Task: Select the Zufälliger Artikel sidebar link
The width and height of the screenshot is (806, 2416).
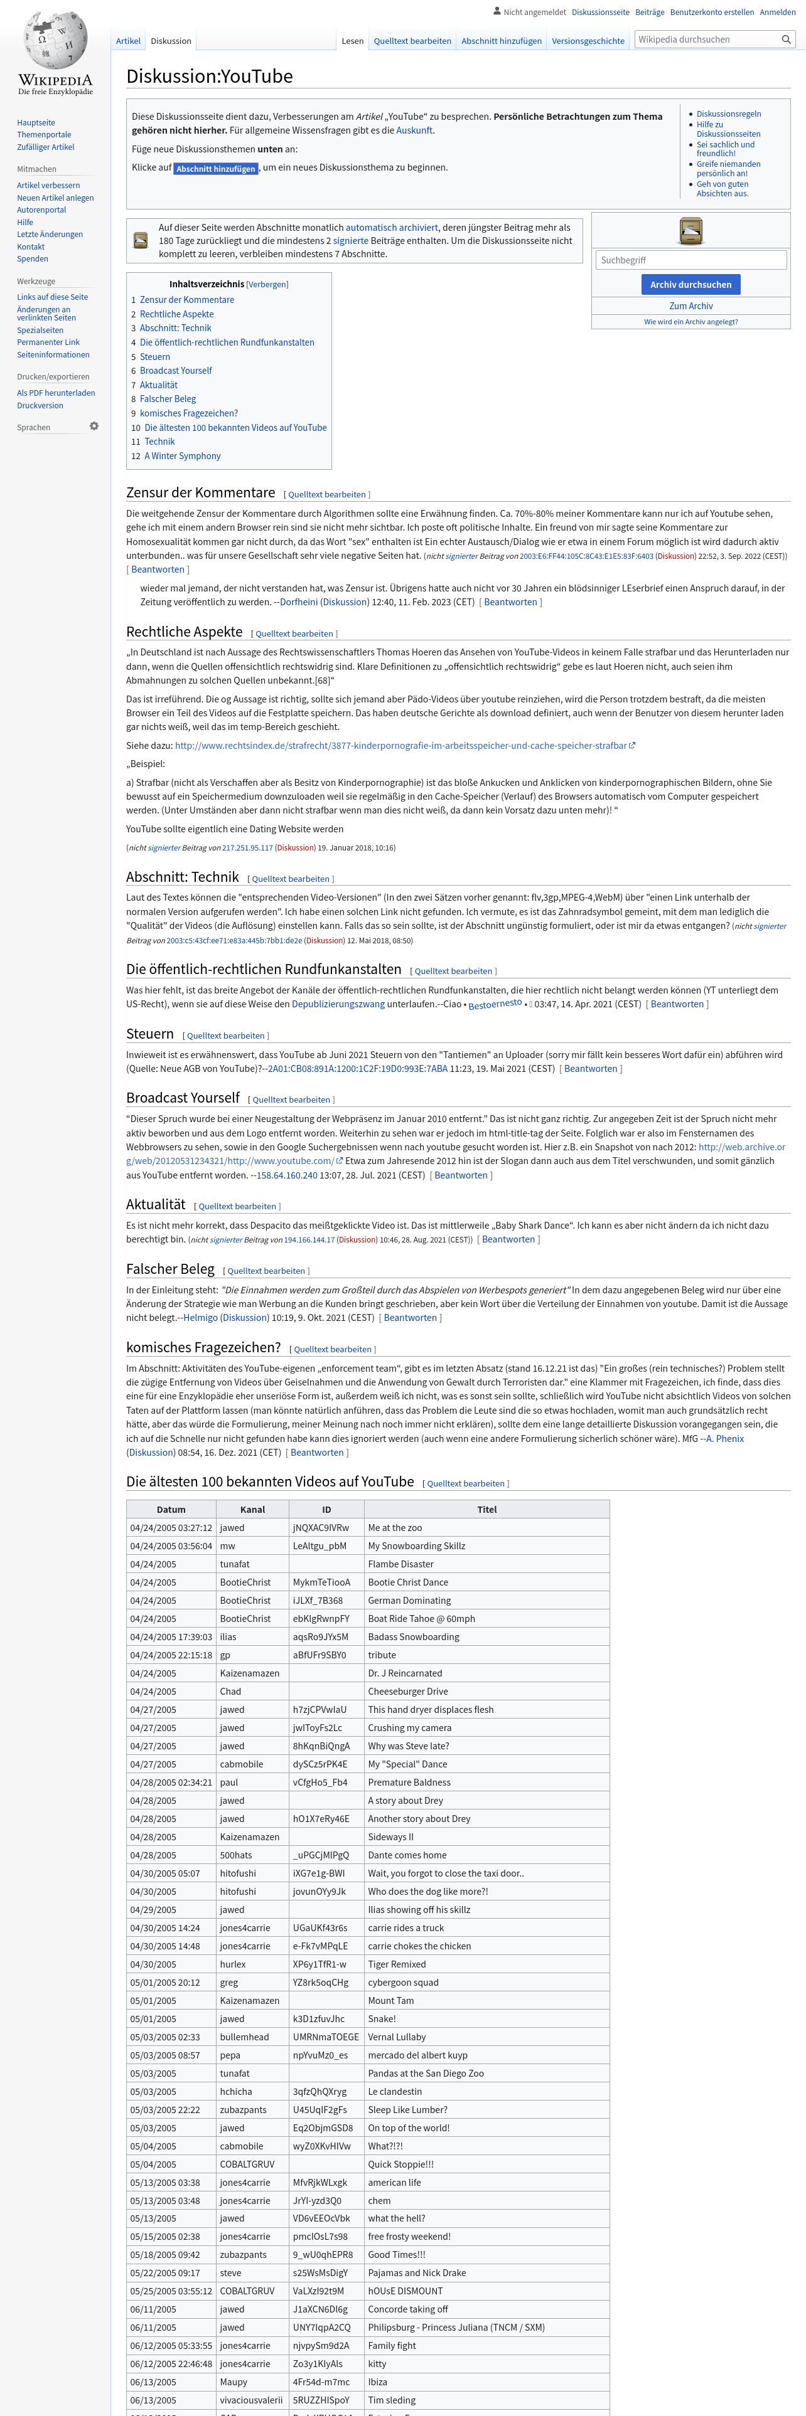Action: pyautogui.click(x=45, y=147)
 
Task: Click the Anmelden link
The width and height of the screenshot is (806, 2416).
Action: pyautogui.click(x=777, y=12)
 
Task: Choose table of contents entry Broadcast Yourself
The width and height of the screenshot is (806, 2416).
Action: pyautogui.click(x=176, y=371)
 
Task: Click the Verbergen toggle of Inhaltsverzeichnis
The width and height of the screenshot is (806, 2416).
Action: pyautogui.click(x=267, y=284)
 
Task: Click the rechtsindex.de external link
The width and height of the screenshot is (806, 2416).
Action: pyautogui.click(x=400, y=746)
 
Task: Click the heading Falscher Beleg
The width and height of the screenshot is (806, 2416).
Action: pyautogui.click(x=170, y=1269)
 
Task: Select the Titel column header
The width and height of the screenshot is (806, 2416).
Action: pyautogui.click(x=486, y=1509)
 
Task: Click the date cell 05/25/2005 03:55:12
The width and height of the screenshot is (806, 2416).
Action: pyautogui.click(x=171, y=2291)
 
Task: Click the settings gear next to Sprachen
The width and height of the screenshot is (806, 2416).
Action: pyautogui.click(x=94, y=427)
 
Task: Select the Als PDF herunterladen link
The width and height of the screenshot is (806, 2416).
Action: pyautogui.click(x=55, y=393)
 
